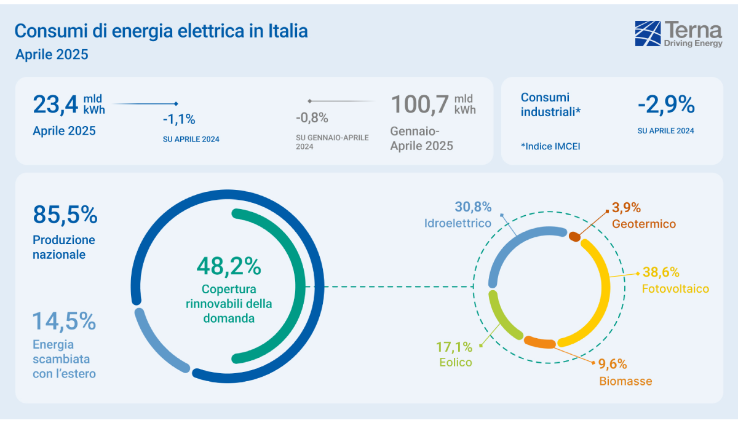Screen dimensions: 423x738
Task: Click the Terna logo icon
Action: click(x=648, y=33)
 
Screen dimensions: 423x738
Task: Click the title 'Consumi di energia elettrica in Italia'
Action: click(x=161, y=31)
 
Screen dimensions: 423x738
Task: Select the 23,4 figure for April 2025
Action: click(x=55, y=104)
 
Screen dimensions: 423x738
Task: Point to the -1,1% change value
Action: click(x=179, y=119)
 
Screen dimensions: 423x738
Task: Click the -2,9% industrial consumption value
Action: click(x=666, y=106)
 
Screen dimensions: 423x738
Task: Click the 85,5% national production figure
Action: click(x=65, y=215)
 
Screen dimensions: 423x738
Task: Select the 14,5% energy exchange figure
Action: click(x=64, y=321)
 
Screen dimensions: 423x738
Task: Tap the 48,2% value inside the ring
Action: click(x=229, y=266)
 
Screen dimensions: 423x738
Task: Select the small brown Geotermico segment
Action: click(x=574, y=236)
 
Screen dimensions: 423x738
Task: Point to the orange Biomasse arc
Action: click(x=539, y=342)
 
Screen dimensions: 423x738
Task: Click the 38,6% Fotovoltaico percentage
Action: click(x=661, y=272)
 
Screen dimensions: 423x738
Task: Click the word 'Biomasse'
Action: click(x=625, y=381)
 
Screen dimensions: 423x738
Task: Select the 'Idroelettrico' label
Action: click(x=458, y=223)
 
